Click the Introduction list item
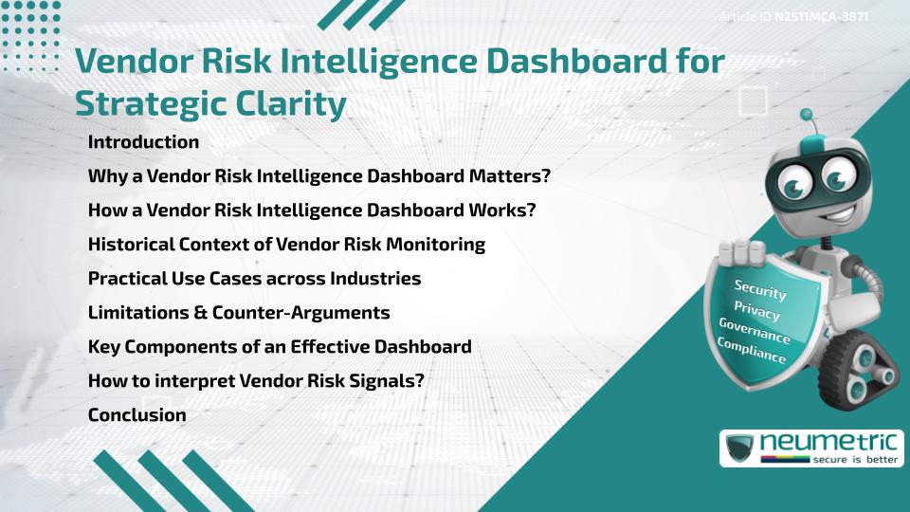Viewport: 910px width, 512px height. (143, 142)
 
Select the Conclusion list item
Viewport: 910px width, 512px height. (136, 415)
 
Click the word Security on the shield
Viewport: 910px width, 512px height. (760, 289)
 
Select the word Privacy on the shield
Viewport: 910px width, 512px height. (756, 311)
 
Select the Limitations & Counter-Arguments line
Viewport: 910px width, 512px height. (239, 313)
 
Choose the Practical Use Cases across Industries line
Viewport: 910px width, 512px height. (254, 279)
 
